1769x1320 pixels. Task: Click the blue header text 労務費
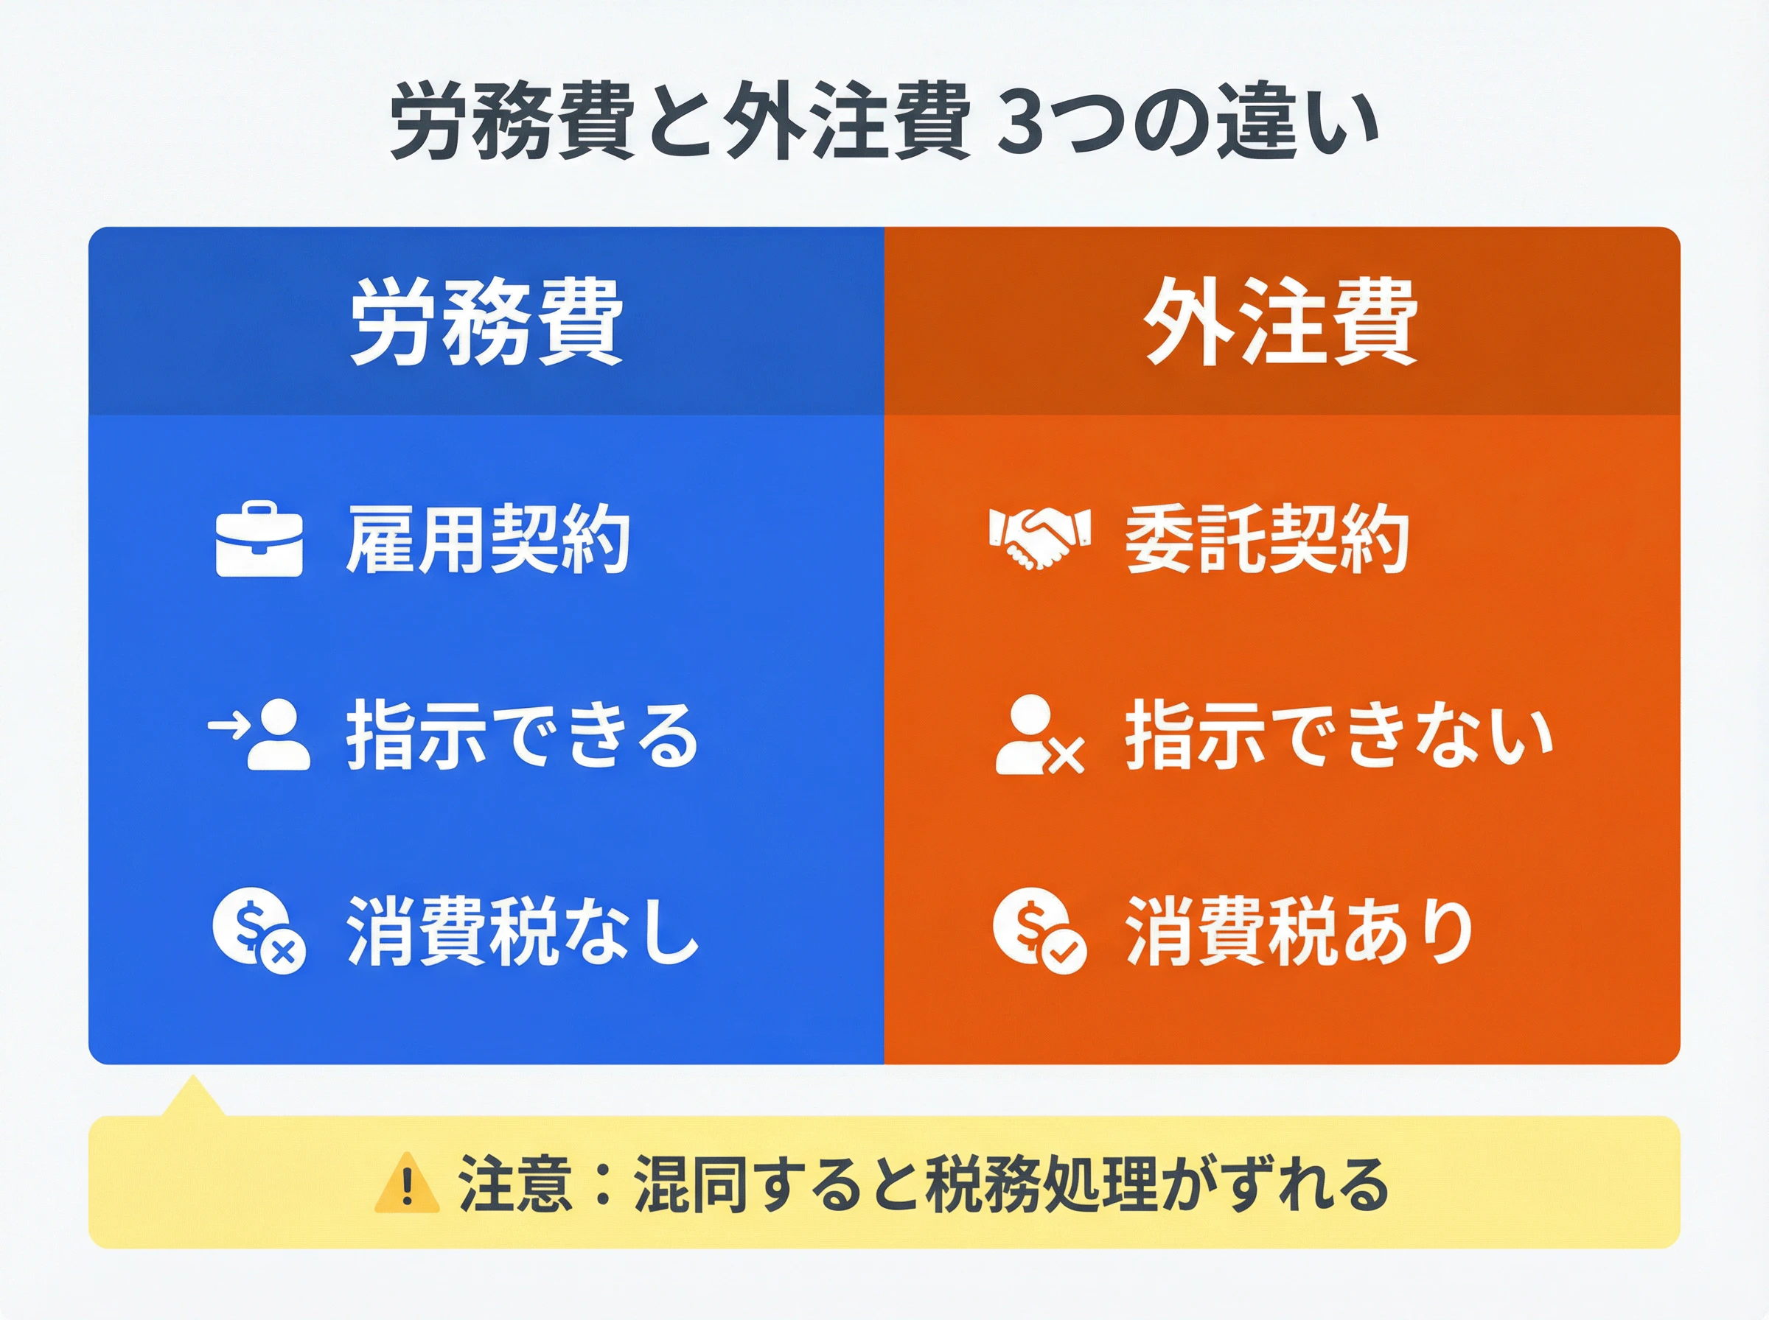coord(486,322)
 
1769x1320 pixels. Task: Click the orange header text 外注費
coord(1281,322)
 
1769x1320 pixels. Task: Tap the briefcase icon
coord(259,538)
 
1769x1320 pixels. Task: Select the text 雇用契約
coord(488,539)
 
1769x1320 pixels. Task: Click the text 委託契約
coord(1267,539)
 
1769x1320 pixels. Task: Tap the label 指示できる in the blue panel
coord(522,735)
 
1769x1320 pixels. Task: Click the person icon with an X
coord(1040,735)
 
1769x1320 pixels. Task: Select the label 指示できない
coord(1339,735)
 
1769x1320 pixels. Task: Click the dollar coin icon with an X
coord(259,931)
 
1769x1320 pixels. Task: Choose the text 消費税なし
coord(522,931)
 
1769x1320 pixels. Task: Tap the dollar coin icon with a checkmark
coord(1040,931)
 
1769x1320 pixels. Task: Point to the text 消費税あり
coord(1299,931)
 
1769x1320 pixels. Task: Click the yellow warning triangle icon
coord(407,1182)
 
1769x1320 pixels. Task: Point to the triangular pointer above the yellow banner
coord(192,1097)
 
